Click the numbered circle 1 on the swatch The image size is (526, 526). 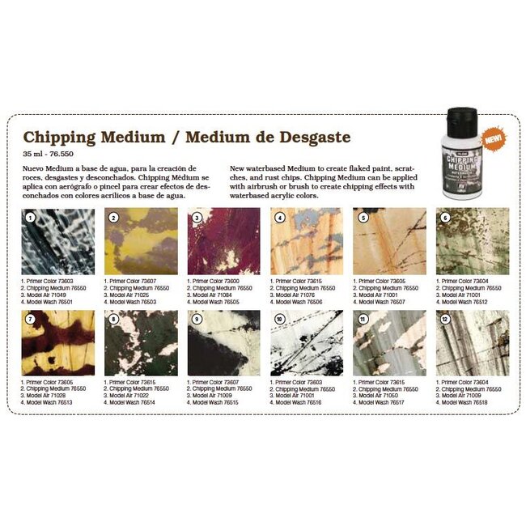tap(30, 218)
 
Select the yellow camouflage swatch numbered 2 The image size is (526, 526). tap(140, 241)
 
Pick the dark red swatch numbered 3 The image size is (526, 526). tap(223, 241)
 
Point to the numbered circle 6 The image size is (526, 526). tap(445, 218)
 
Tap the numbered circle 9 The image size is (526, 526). tap(196, 319)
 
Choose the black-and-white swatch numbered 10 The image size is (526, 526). tap(306, 342)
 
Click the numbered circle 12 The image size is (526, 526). tap(445, 319)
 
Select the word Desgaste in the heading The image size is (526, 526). tap(307, 137)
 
